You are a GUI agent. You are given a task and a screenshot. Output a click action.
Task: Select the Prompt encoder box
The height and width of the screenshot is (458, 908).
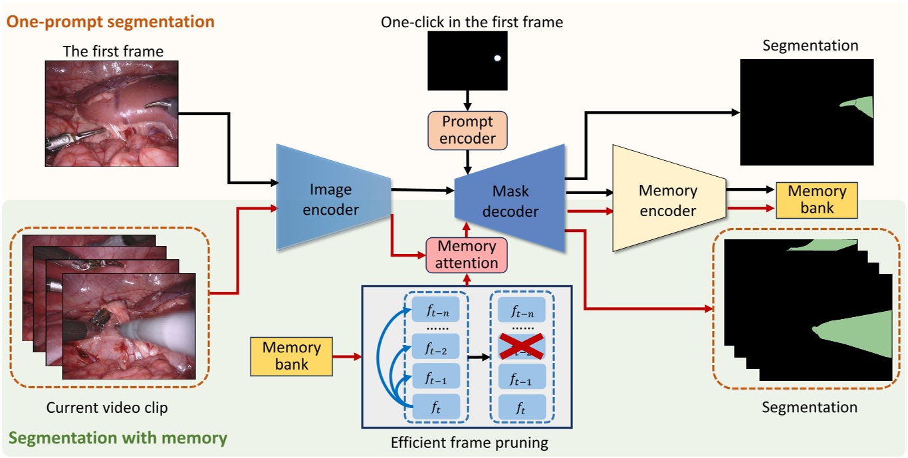click(x=467, y=130)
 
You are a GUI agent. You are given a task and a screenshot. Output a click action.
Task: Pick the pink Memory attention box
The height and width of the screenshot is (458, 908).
click(x=466, y=255)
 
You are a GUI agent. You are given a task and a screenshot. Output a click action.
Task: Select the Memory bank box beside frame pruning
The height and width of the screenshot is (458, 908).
click(x=291, y=356)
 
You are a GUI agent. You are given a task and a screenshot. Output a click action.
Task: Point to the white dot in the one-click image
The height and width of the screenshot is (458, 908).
click(x=497, y=58)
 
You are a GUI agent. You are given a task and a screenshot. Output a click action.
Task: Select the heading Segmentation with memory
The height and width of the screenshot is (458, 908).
click(x=118, y=439)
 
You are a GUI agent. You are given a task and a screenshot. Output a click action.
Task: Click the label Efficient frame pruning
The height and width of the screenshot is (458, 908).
click(x=469, y=443)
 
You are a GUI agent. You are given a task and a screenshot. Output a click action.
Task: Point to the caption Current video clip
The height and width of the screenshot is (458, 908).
click(x=107, y=407)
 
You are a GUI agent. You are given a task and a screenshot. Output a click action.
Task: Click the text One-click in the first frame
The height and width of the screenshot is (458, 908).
click(x=471, y=22)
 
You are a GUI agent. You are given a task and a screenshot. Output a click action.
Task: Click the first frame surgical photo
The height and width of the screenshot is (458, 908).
click(x=112, y=114)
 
